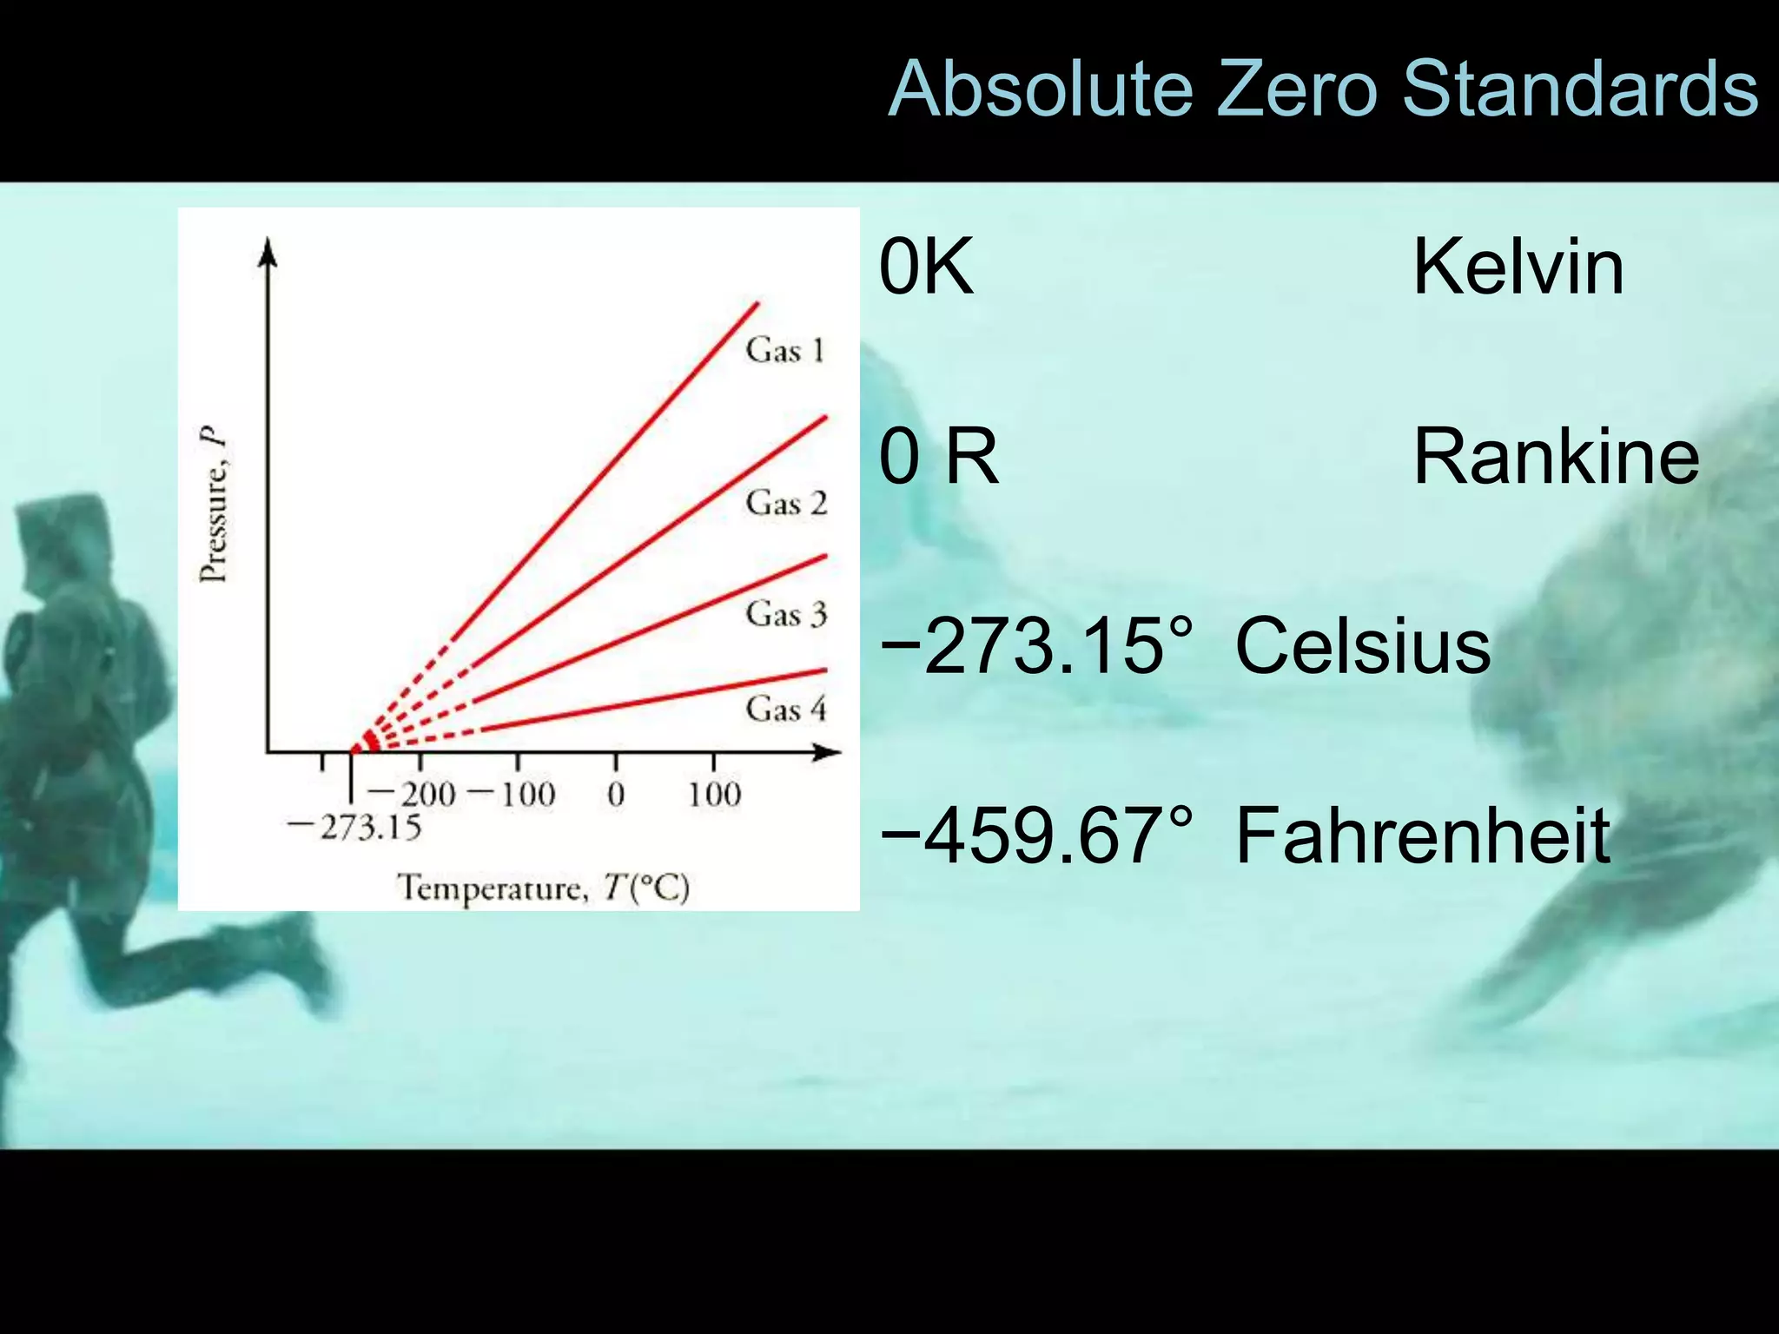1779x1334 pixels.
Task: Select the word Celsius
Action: coord(1363,645)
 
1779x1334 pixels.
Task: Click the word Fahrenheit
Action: coord(1423,835)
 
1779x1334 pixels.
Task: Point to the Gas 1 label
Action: coord(784,350)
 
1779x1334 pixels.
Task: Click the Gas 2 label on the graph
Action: coord(786,503)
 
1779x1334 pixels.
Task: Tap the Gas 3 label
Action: coord(786,613)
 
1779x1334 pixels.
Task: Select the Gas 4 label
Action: coord(786,709)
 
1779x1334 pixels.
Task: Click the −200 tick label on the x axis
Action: coord(412,794)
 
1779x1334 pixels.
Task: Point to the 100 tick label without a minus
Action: coord(714,794)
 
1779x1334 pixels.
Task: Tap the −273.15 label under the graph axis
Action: coord(354,827)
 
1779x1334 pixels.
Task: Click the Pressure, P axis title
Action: coord(213,504)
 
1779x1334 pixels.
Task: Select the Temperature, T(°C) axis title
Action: coord(544,888)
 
